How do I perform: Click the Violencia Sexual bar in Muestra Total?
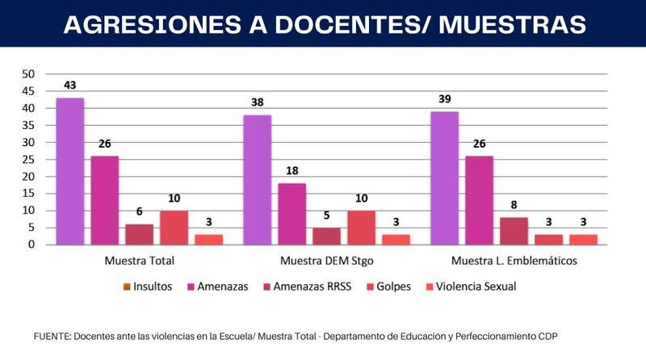[x=209, y=240]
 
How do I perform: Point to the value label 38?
[x=258, y=103]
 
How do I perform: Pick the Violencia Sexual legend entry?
[x=476, y=287]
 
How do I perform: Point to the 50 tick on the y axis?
[x=28, y=73]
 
